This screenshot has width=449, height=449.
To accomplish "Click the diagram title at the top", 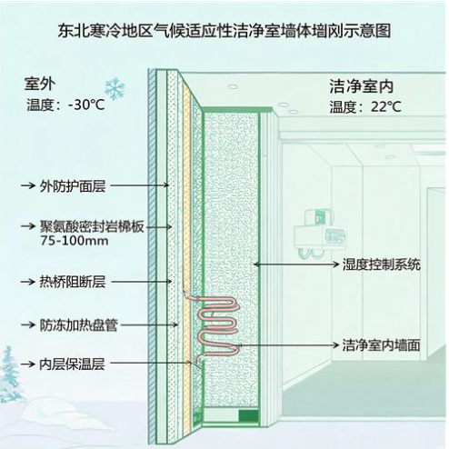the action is pos(224,31).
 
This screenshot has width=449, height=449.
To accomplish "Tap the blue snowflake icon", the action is pos(115,89).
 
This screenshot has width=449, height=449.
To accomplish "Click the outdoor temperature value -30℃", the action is pos(86,105).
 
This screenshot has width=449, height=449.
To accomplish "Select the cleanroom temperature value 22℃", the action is pos(386,106).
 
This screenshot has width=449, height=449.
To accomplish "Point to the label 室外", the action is pos(40,84).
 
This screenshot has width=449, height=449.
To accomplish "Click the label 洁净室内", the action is pos(361,86).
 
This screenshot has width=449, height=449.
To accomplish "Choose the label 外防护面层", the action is pos(73,185).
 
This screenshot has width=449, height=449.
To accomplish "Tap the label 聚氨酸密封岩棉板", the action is pos(92,226).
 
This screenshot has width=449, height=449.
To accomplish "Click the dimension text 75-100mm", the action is pos(75,241).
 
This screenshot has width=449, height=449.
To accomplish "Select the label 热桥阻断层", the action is pos(73,282).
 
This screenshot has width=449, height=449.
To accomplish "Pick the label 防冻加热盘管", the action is pos(79,325).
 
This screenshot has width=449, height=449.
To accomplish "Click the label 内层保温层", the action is pos(72,364).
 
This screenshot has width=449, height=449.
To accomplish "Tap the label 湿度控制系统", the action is pos(382,264).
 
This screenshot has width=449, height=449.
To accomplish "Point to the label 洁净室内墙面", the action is pos(381,345).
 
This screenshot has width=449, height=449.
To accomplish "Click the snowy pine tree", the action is pos(9,375).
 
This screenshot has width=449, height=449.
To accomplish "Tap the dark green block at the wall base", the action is pos(249,415).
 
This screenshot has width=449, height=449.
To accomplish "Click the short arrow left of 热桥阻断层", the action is pos(28,282).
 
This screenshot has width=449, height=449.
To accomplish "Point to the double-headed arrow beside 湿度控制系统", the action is pos(296,264).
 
